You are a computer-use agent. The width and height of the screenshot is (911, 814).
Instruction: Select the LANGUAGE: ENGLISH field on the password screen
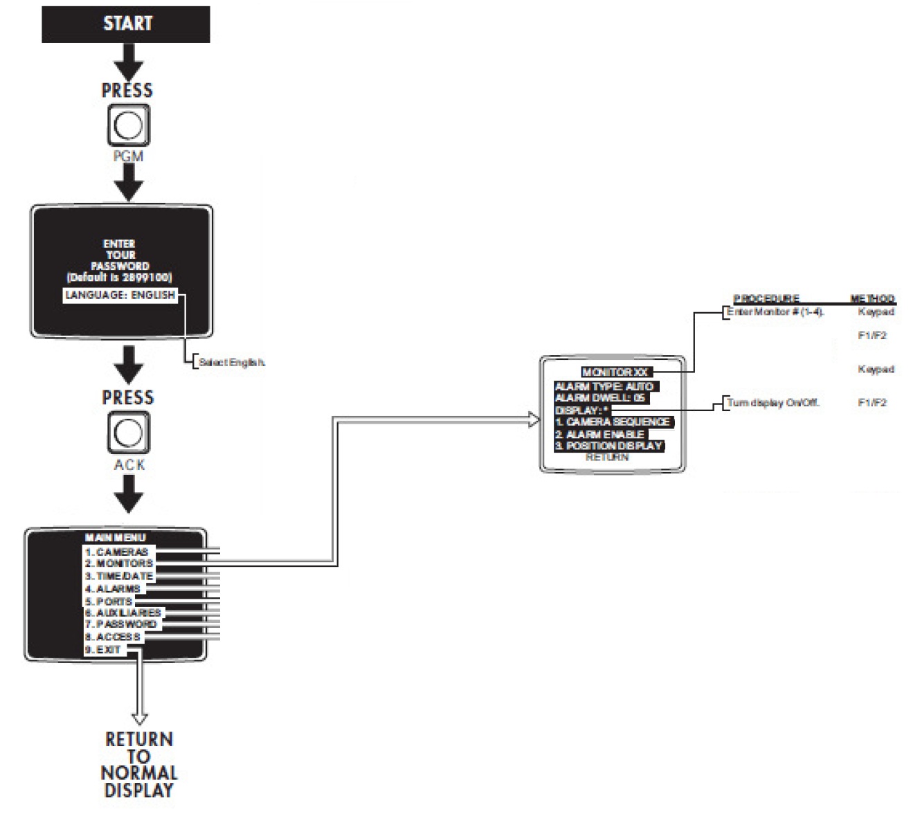click(x=120, y=295)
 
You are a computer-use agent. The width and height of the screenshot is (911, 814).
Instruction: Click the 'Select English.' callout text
click(x=231, y=362)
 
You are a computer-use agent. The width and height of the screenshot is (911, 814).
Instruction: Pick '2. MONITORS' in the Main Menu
click(x=118, y=564)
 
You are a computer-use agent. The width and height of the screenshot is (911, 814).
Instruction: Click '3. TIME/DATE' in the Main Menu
click(x=118, y=577)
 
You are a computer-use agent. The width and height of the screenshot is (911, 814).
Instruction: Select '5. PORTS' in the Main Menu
click(x=109, y=602)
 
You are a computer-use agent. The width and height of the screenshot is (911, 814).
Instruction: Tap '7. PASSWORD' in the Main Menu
click(x=120, y=624)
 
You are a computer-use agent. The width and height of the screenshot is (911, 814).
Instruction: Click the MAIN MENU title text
click(x=115, y=538)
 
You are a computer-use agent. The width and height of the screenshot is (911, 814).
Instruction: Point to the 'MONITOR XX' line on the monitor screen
click(x=615, y=372)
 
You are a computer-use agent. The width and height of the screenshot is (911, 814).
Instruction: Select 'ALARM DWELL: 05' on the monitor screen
click(x=600, y=398)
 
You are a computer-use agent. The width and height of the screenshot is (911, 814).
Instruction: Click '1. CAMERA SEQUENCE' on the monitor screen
click(x=613, y=422)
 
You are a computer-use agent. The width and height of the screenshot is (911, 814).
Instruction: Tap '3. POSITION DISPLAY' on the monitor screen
click(x=609, y=446)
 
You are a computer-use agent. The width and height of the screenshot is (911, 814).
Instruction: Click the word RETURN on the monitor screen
click(x=607, y=457)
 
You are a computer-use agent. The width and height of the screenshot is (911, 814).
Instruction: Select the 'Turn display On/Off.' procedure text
click(x=773, y=402)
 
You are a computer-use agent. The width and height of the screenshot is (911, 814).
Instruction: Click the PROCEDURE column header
click(x=766, y=298)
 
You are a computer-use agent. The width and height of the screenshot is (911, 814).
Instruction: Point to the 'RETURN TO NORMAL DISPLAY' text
click(x=139, y=764)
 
